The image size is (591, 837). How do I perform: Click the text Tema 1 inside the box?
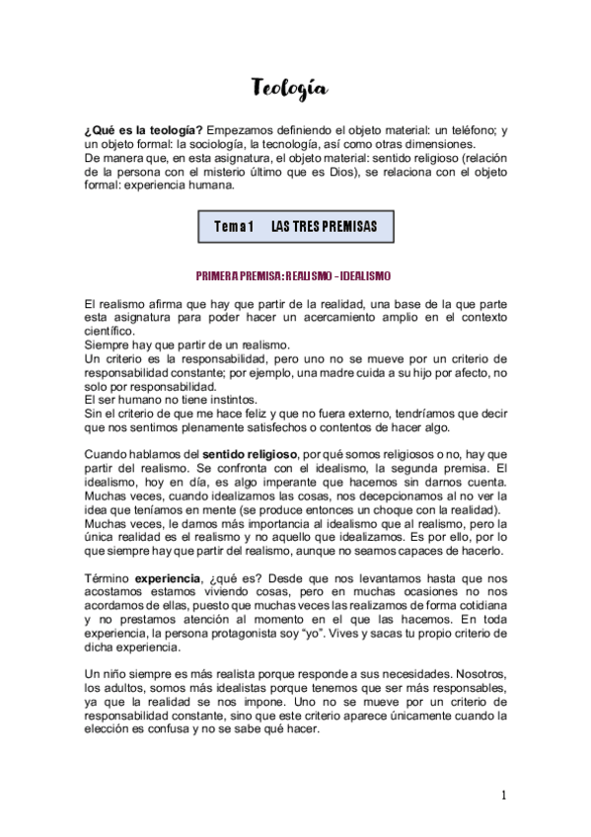tap(234, 227)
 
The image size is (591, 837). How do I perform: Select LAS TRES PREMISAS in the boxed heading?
tap(324, 227)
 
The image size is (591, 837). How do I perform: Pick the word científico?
tap(111, 332)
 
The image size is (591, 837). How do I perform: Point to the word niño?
tap(117, 675)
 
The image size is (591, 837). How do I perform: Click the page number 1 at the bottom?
tap(503, 796)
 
